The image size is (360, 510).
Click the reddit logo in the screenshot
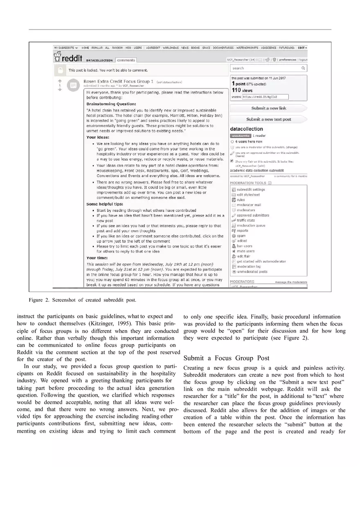(x=68, y=58)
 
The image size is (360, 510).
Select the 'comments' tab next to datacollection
(x=126, y=60)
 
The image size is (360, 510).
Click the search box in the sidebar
(x=268, y=68)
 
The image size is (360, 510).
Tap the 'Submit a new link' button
(x=268, y=108)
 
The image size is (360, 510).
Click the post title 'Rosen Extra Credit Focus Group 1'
(x=118, y=81)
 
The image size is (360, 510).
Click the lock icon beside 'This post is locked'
(x=61, y=70)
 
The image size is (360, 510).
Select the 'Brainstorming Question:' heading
(x=111, y=104)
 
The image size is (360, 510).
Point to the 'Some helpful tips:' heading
(x=104, y=204)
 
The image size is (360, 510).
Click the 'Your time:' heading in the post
(x=97, y=258)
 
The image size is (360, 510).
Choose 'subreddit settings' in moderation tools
(x=250, y=190)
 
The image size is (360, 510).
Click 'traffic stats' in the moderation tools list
(x=245, y=220)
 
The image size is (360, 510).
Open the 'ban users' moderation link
(x=244, y=246)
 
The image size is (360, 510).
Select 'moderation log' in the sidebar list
(x=248, y=267)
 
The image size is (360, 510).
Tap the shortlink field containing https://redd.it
(x=265, y=97)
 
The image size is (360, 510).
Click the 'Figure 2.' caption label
(x=38, y=300)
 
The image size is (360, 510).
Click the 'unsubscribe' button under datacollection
(x=240, y=135)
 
